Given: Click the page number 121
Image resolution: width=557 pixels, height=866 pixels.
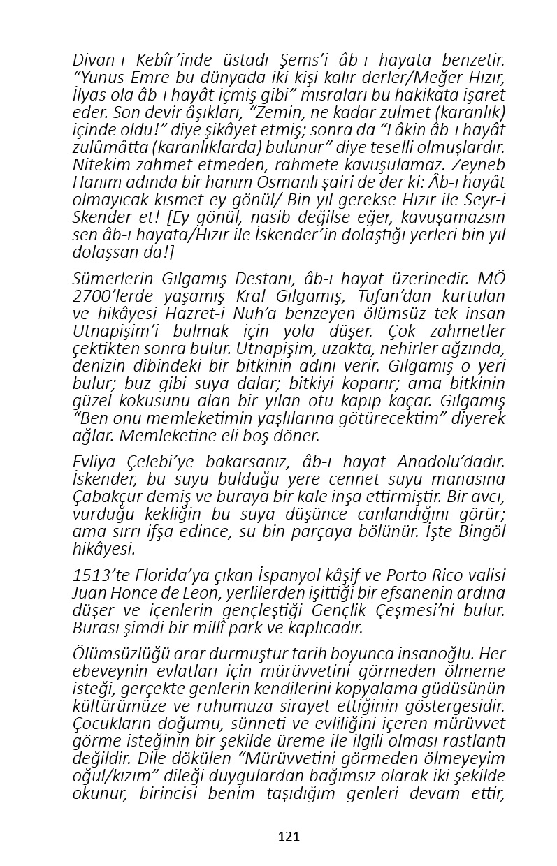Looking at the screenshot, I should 289,836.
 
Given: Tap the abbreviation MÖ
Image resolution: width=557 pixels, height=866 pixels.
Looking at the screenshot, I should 491,278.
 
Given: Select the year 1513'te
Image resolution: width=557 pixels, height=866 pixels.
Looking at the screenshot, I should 97,576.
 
